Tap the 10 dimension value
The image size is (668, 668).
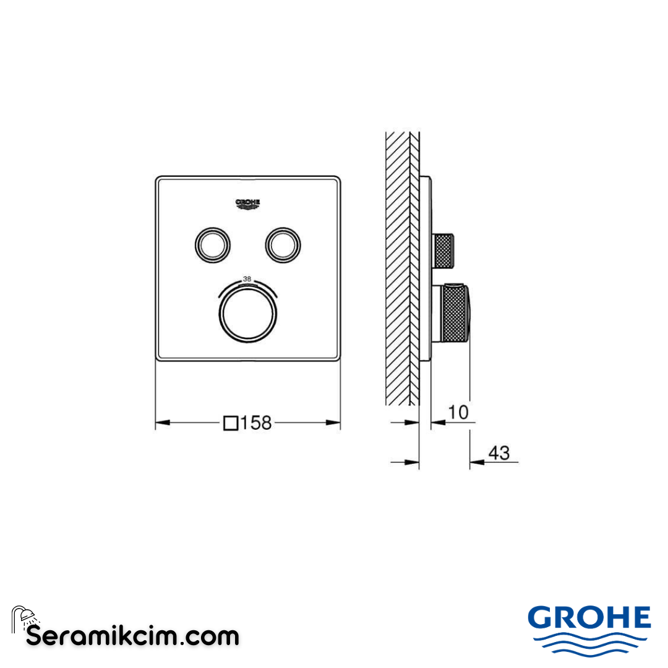(458, 412)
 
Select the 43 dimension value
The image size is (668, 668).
(499, 453)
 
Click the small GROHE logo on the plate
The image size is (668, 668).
(248, 204)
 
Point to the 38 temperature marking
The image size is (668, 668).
(247, 280)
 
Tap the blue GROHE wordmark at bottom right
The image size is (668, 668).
(589, 618)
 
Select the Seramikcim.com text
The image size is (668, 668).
(132, 635)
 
